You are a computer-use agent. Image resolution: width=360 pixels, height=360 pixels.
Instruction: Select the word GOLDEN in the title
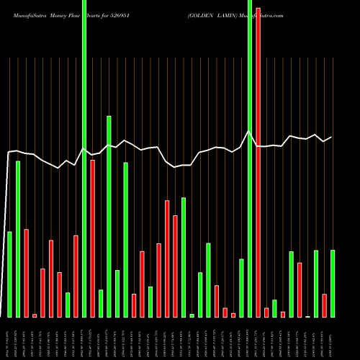pos(203,14)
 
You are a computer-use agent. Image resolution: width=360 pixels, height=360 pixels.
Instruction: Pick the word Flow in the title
pos(82,14)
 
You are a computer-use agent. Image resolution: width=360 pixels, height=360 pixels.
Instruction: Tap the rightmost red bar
pos(324,305)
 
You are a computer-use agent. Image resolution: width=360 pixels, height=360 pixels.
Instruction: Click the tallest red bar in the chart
pos(258,162)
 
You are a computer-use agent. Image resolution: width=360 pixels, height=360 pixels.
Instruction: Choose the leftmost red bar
pos(26,273)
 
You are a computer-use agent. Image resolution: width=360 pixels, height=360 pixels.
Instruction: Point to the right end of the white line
pos(332,137)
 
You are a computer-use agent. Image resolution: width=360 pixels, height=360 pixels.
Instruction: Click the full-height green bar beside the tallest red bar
pos(250,158)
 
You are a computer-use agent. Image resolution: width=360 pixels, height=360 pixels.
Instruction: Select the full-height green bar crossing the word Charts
pos(84,158)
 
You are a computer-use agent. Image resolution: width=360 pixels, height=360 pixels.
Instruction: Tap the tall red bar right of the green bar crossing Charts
pos(92,238)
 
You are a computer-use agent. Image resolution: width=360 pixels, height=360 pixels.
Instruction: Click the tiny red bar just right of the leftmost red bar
pos(35,315)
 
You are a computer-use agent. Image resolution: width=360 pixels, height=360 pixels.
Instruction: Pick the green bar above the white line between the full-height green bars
pos(109,216)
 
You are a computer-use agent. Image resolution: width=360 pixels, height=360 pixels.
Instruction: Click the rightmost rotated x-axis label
pos(333,338)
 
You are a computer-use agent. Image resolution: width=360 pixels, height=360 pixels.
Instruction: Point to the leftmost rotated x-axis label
pos(9,338)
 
